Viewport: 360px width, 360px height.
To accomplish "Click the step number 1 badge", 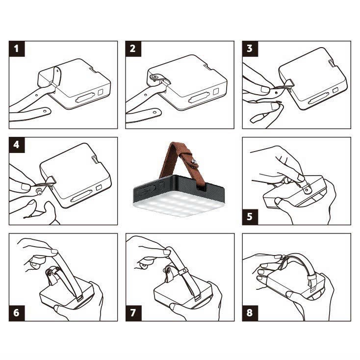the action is click(17, 49).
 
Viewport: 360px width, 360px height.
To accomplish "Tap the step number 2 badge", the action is click(133, 49).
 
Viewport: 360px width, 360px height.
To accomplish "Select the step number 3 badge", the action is click(250, 49).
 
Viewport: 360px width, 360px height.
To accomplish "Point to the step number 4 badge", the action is click(17, 145).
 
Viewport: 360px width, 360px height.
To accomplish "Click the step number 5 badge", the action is click(250, 217).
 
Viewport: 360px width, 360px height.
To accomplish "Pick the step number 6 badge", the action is click(17, 313).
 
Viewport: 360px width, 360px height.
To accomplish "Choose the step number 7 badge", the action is click(133, 313).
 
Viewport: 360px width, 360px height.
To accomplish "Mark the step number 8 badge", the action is click(250, 313).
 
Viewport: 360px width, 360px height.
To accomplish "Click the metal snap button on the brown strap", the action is click(194, 162).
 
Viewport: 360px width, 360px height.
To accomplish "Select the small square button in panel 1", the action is click(101, 92).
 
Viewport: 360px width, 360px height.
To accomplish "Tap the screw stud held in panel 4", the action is click(39, 191).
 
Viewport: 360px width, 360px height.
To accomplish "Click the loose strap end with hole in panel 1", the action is click(30, 114).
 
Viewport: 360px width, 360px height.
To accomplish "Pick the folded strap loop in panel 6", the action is click(52, 275).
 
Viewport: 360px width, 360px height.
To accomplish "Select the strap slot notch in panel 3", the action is click(331, 64).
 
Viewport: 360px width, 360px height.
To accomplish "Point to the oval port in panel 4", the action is click(81, 196).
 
